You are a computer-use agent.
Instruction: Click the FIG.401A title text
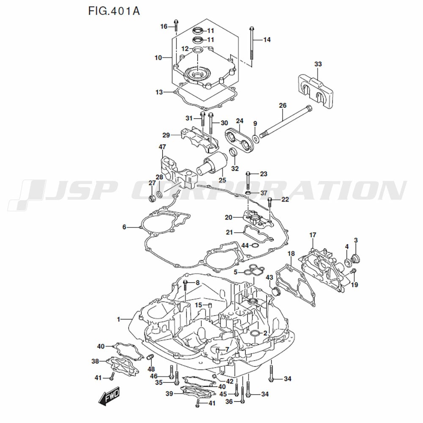[x=113, y=10]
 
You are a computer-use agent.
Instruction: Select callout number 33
[x=318, y=64]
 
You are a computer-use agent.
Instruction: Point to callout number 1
[x=119, y=319]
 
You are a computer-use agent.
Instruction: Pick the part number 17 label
[x=313, y=235]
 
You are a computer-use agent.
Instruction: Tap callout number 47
[x=162, y=147]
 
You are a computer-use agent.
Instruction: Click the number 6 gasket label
[x=124, y=227]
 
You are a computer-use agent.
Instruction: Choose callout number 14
[x=266, y=40]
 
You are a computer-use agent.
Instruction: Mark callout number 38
[x=95, y=361]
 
